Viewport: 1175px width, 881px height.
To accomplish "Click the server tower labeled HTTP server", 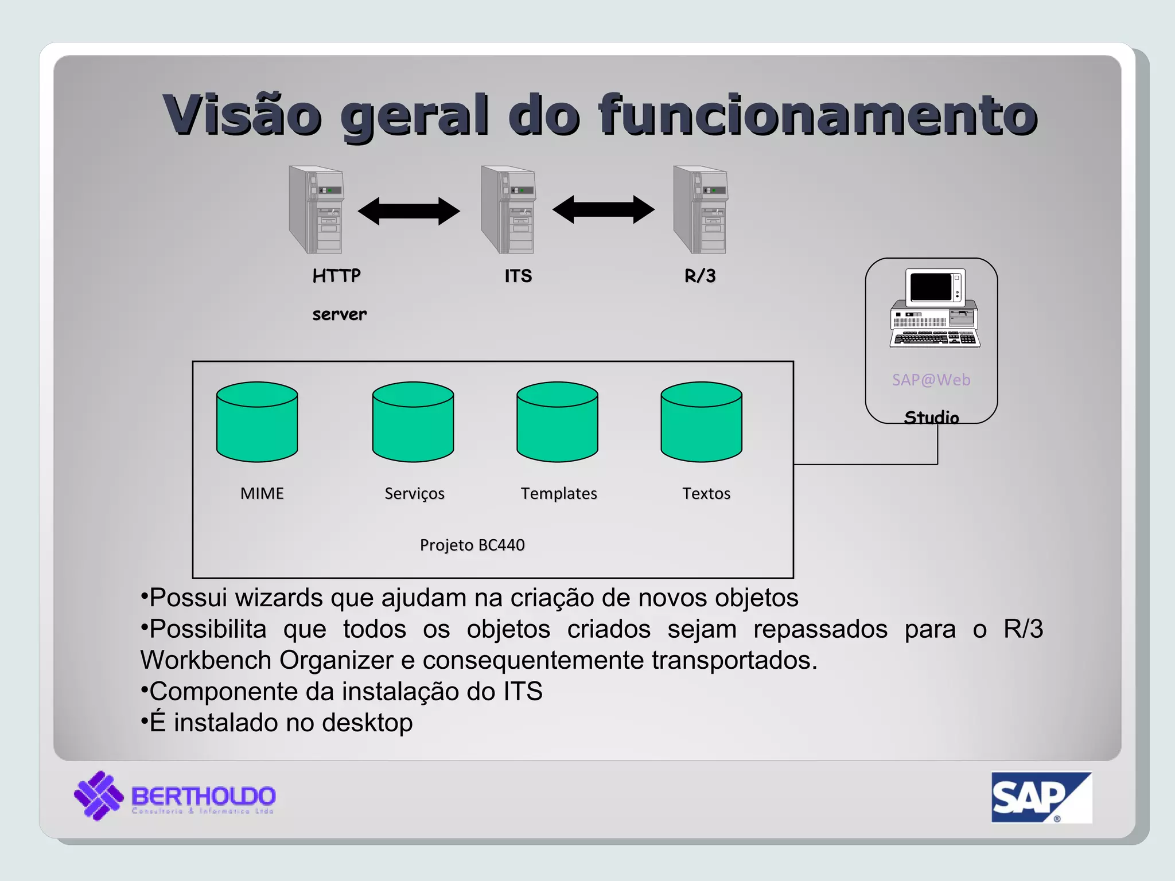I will (317, 210).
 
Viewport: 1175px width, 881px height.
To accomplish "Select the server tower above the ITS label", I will (508, 210).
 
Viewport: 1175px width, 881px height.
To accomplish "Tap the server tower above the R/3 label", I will (701, 210).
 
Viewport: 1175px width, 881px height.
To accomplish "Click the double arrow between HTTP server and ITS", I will (408, 211).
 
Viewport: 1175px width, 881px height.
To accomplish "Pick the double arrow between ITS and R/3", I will (603, 210).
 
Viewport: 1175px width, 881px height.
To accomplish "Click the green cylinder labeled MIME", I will (257, 423).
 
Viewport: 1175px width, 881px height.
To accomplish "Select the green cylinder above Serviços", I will (413, 423).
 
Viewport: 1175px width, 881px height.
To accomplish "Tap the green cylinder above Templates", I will (557, 423).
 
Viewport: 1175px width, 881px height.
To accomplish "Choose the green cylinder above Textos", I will (701, 423).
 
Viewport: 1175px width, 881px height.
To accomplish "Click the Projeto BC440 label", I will (472, 545).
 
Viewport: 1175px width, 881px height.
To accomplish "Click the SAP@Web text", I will (931, 380).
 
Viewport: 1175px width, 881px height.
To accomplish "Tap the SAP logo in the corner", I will (1041, 797).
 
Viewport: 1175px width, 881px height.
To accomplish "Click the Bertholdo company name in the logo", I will (204, 796).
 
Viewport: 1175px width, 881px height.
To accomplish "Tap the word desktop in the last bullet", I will (367, 723).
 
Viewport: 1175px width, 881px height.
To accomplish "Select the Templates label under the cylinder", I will (559, 493).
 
